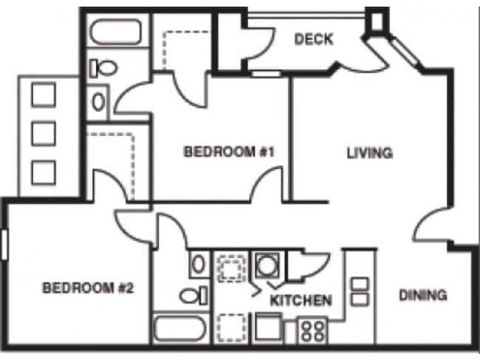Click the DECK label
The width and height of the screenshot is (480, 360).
tap(314, 39)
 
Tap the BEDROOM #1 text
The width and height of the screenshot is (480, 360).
tap(229, 153)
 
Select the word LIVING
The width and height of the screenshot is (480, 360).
tap(369, 153)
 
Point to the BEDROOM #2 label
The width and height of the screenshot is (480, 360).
tap(87, 288)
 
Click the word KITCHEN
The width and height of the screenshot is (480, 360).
tap(300, 301)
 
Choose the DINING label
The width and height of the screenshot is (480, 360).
tap(423, 296)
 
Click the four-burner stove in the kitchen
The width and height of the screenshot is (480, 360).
tap(312, 330)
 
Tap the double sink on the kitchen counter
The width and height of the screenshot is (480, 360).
tap(360, 291)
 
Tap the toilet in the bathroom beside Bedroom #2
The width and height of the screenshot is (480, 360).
tap(193, 297)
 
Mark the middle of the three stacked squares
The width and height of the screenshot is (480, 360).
tap(44, 134)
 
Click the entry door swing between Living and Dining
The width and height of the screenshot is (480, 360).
tap(431, 225)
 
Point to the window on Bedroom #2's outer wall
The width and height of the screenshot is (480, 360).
tap(4, 244)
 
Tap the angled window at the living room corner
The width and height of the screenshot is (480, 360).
tap(404, 52)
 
